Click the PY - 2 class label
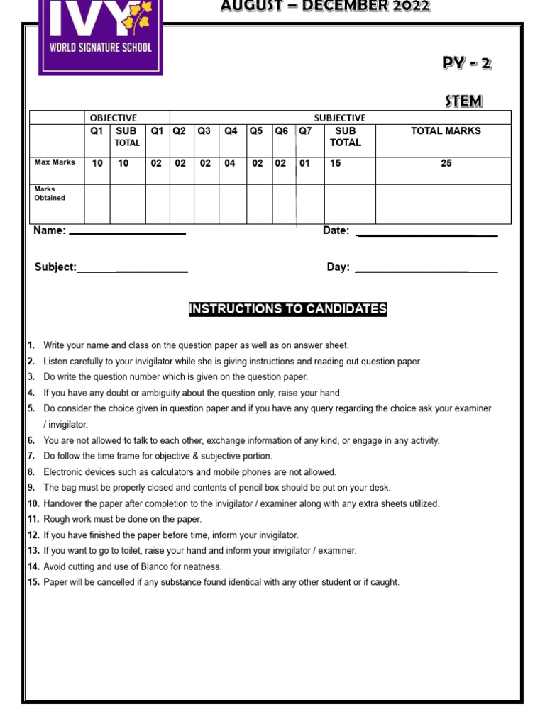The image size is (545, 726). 466,63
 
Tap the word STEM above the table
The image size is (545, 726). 463,101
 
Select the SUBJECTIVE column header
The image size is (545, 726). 340,118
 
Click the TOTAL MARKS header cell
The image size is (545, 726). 446,131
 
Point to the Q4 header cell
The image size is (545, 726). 231,131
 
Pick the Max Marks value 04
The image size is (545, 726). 231,163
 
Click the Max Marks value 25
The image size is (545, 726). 446,163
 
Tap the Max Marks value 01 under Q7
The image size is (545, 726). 304,163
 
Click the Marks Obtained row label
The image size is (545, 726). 50,194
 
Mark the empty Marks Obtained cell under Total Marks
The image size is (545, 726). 444,203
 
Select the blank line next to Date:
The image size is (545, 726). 426,233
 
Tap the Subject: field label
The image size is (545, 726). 55,267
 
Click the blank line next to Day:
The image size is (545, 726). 426,269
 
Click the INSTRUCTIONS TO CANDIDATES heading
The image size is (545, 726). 287,309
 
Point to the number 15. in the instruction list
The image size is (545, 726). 33,582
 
